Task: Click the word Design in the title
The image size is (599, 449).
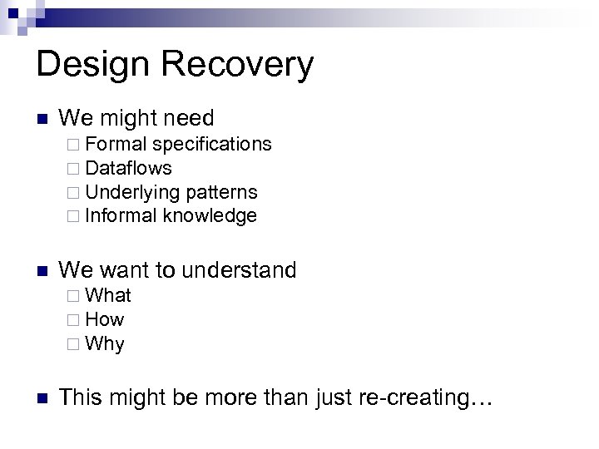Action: pos(91,65)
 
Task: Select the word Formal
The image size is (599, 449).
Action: pos(117,144)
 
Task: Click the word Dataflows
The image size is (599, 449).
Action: pos(129,168)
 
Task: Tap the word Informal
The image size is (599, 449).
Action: pos(121,216)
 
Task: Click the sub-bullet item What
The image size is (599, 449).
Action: pos(108,295)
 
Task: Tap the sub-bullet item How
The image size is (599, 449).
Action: pos(105,319)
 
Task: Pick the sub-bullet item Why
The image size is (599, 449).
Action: pos(105,343)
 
